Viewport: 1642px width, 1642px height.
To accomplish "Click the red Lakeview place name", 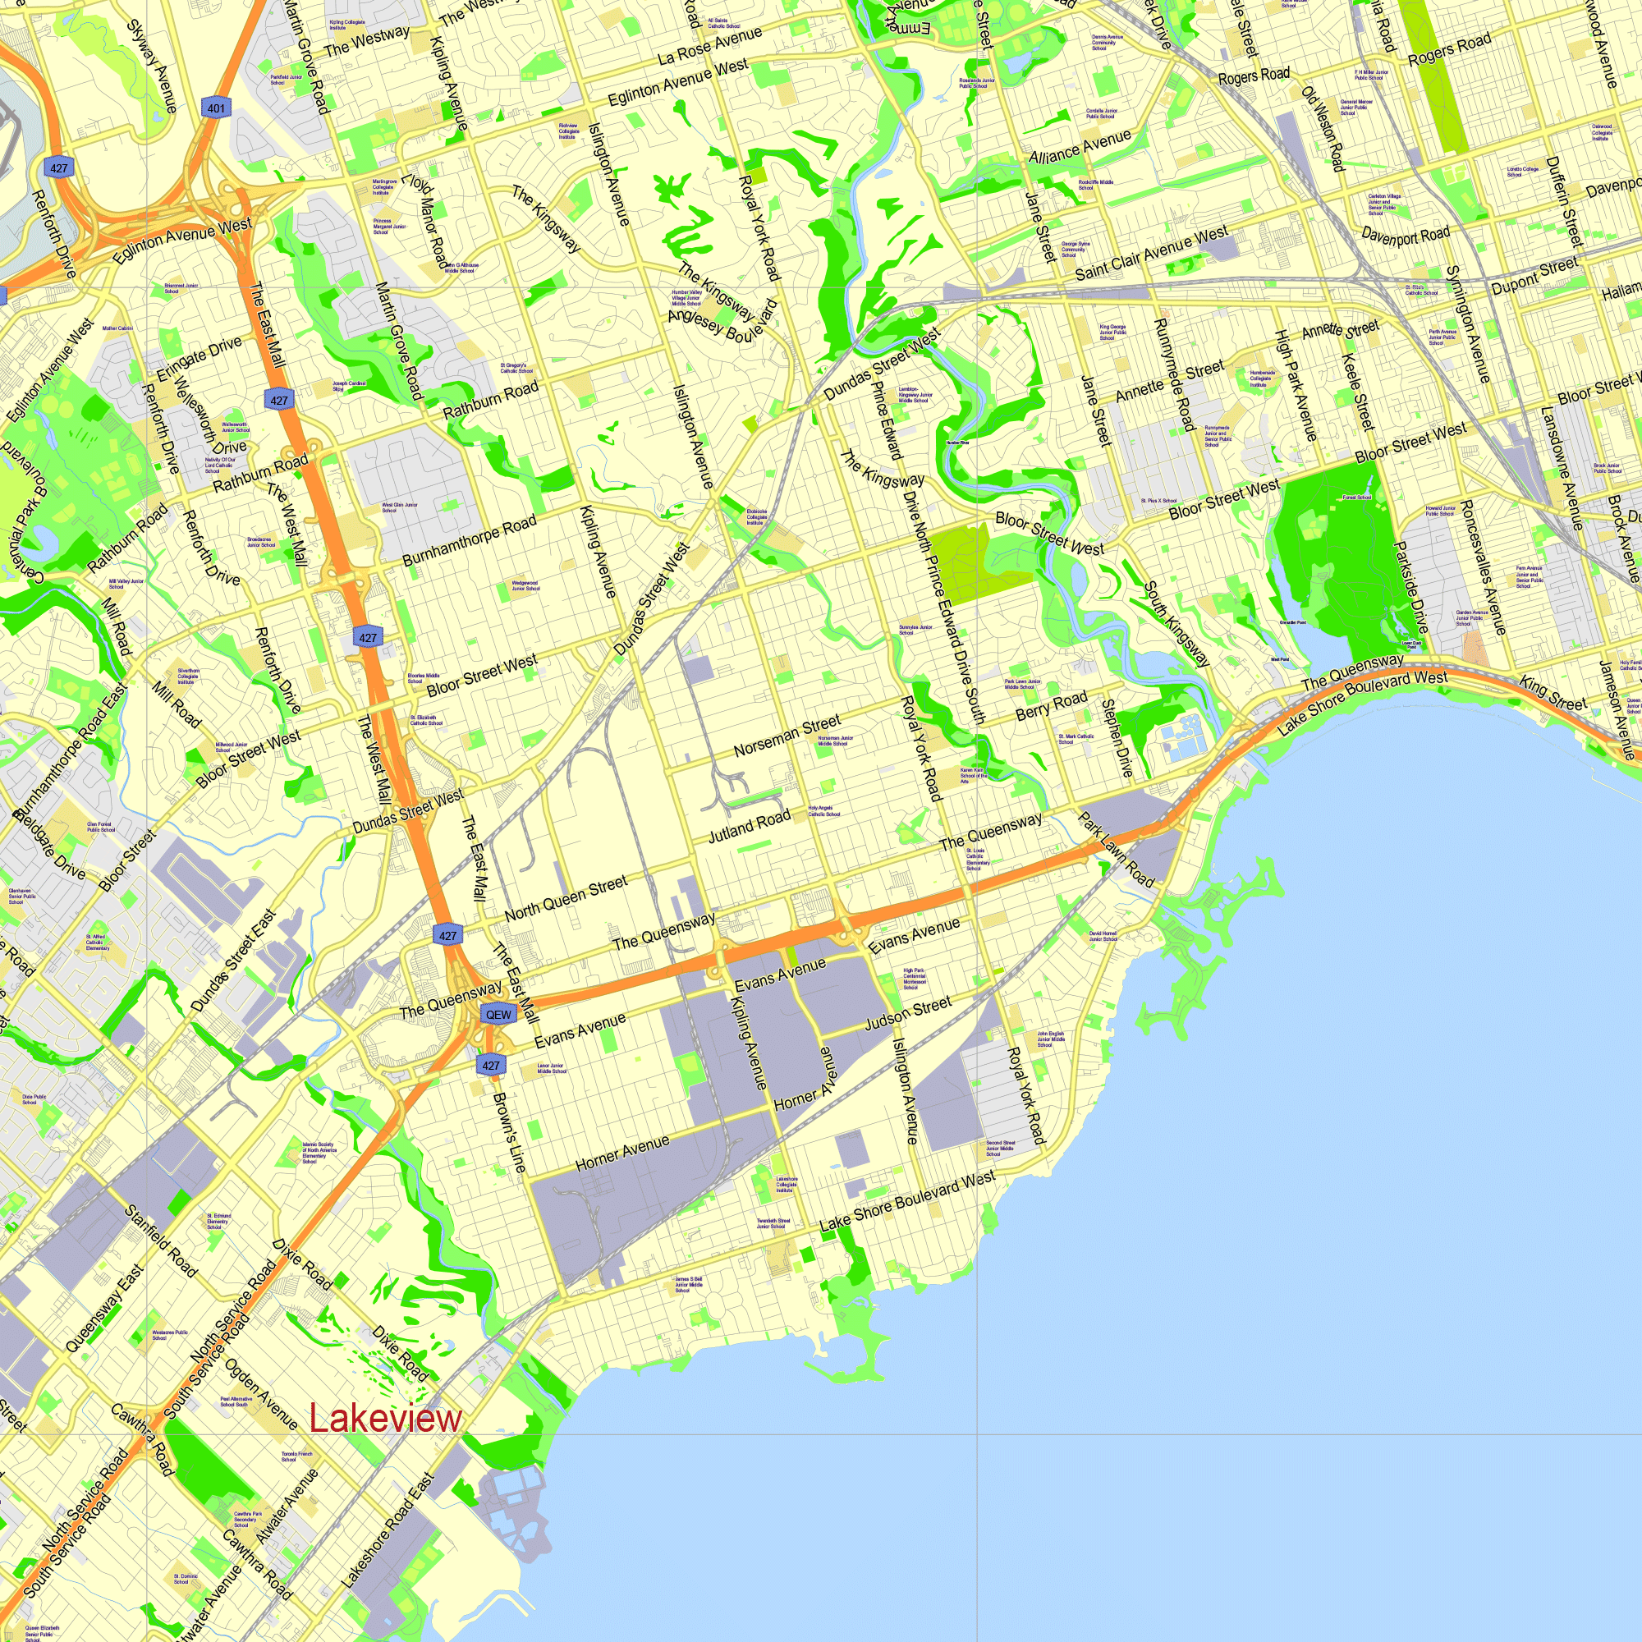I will point(385,1419).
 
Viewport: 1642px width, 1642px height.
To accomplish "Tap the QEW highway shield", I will point(498,1014).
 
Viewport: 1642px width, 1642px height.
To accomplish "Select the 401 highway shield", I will point(216,108).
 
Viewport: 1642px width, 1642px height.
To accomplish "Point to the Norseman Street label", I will point(787,735).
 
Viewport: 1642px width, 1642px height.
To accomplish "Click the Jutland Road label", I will point(749,826).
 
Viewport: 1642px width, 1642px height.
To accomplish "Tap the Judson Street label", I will point(908,1014).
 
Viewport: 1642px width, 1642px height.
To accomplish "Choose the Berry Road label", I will point(1052,704).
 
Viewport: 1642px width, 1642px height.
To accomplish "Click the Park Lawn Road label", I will point(1116,850).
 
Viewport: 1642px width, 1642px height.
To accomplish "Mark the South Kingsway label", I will point(1176,624).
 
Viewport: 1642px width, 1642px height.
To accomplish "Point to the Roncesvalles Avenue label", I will point(1483,566).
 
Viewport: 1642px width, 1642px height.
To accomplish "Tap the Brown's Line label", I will point(509,1132).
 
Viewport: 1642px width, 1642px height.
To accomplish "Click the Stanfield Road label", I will point(162,1241).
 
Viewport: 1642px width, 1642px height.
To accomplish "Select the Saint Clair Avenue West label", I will point(1151,252).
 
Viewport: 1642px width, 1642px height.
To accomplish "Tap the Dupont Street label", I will point(1534,276).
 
